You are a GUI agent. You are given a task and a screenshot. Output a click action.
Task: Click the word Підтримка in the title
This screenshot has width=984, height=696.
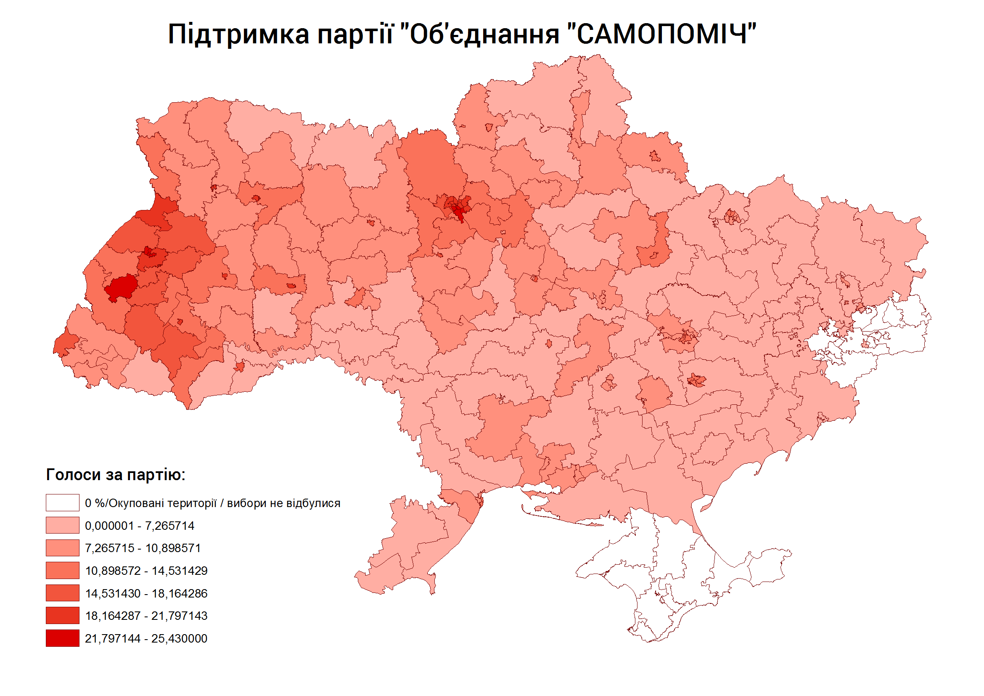click(238, 35)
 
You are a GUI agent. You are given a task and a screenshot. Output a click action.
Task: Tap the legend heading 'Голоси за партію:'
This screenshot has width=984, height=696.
click(116, 475)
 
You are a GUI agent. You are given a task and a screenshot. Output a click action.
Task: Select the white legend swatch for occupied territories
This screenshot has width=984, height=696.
click(63, 502)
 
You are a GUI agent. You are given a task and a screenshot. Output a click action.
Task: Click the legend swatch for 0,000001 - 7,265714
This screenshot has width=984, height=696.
click(63, 525)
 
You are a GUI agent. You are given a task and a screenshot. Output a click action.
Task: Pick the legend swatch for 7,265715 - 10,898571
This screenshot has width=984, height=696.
click(63, 547)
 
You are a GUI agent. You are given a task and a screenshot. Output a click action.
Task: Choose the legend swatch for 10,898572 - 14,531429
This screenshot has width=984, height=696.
click(63, 570)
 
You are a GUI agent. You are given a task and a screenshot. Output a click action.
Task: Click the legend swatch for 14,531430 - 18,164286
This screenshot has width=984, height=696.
click(63, 593)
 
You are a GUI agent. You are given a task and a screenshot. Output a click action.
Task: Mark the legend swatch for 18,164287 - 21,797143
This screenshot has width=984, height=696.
click(63, 615)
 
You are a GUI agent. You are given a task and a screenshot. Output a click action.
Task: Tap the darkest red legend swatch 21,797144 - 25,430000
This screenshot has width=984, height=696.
click(63, 638)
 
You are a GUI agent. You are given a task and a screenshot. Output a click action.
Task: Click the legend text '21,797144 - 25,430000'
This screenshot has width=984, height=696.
click(146, 638)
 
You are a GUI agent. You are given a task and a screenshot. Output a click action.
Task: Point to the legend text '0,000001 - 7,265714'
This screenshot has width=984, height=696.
click(140, 526)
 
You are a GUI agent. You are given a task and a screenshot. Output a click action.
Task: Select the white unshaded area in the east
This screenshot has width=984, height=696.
click(891, 330)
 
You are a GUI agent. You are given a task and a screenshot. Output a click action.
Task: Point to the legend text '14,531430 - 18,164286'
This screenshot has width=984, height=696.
click(146, 593)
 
